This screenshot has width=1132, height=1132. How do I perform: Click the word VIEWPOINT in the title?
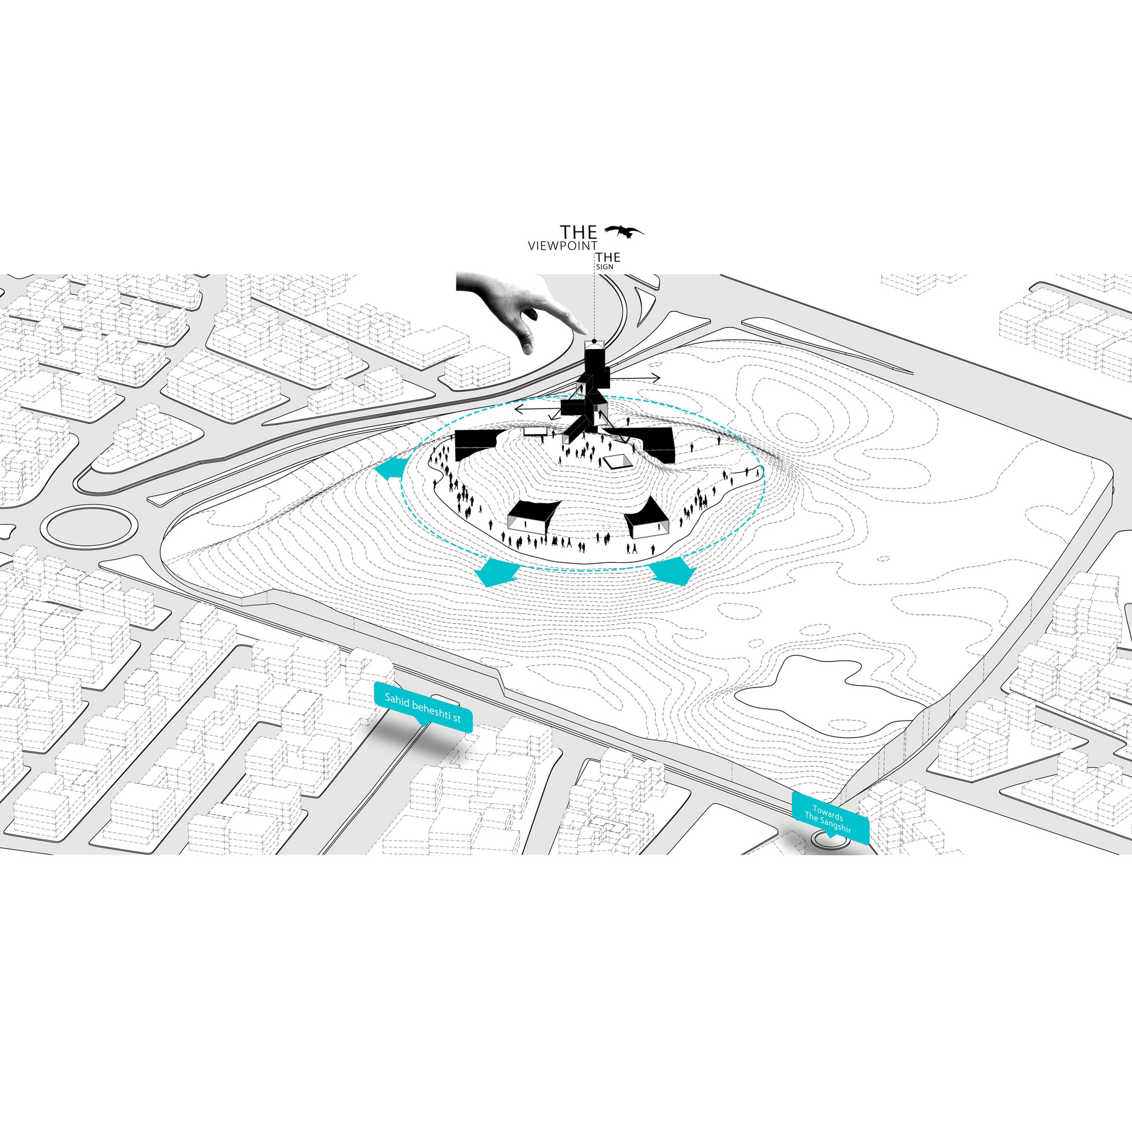coord(562,247)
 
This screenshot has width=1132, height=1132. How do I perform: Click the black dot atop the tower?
coord(594,341)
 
